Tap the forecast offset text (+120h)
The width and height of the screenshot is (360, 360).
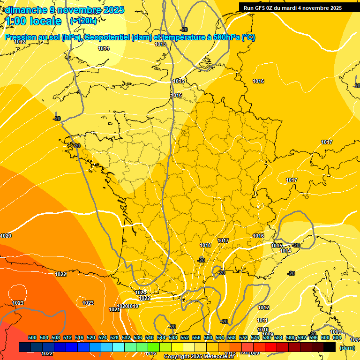pos(83,21)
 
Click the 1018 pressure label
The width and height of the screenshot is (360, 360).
pos(205,245)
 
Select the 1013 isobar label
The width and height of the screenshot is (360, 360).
pos(160,45)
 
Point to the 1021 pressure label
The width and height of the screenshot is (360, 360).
pos(114,309)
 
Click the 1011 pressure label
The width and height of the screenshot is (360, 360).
pos(262,320)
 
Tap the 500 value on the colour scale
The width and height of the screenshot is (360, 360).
pos(32,337)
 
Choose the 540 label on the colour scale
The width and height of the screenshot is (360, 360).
pos(150,337)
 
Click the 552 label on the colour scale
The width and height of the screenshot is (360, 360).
pos(185,337)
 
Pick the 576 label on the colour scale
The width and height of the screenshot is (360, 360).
pos(255,337)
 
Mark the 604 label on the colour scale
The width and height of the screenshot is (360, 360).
pos(337,337)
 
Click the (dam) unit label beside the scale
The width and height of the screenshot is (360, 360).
pos(347,348)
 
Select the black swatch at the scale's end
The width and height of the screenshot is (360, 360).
pos(330,347)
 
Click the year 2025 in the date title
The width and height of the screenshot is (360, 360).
pos(113,10)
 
